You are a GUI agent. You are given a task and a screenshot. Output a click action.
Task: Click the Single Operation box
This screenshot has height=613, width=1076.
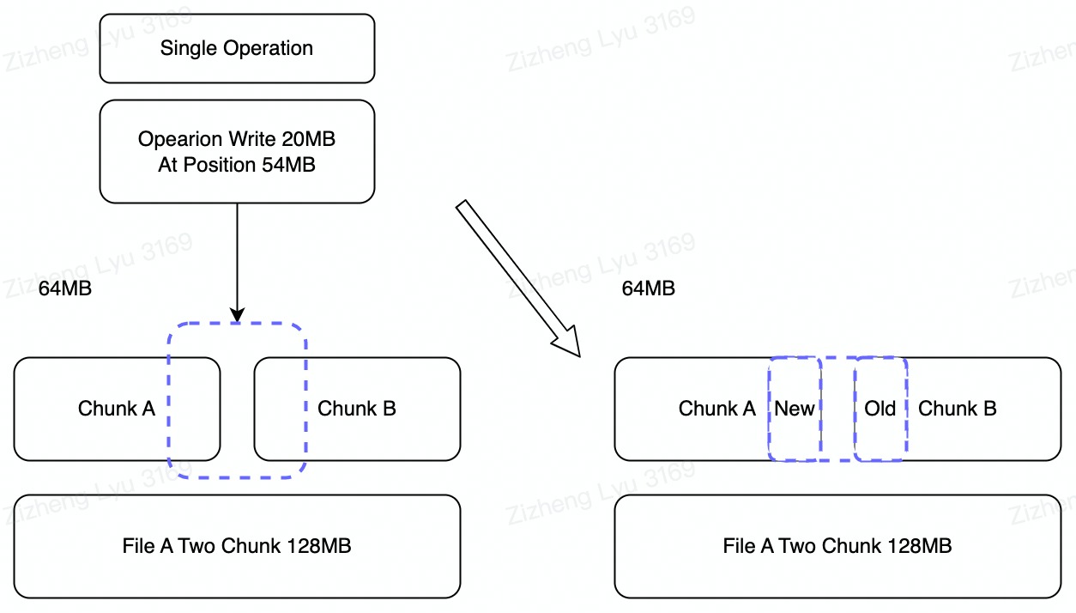point(237,48)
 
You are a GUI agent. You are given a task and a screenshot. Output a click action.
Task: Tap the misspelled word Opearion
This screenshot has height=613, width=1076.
point(175,139)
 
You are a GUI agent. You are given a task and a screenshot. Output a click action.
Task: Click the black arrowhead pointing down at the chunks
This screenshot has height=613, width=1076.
point(237,314)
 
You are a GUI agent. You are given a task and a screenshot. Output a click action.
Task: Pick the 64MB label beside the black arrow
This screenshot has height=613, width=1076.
point(65,288)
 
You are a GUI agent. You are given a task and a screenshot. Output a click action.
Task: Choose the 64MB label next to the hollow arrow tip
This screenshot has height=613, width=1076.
point(649,288)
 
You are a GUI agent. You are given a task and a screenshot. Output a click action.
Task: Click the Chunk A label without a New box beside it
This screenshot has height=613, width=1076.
point(117,409)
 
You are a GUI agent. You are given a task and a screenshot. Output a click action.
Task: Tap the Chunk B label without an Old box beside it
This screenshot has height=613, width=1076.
point(357,409)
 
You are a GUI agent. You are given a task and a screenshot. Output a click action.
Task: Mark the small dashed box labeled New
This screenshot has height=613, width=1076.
point(795,409)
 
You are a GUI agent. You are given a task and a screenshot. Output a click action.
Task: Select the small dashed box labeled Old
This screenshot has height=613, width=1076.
point(880,409)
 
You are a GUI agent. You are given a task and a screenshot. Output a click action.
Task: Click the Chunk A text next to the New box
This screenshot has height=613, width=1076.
point(717,409)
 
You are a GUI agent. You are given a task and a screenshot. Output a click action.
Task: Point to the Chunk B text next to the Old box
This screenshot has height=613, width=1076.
point(958,409)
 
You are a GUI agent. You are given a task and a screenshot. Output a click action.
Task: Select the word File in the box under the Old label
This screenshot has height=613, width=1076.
point(739,546)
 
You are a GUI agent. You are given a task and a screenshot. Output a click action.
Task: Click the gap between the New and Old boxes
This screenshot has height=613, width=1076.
point(837,409)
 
